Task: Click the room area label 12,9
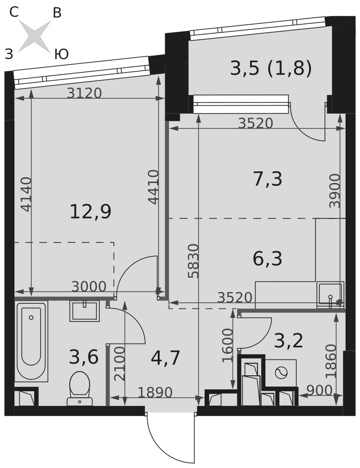point(90,212)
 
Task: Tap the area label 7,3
point(267,179)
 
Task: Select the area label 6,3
point(267,258)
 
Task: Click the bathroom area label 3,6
point(84,357)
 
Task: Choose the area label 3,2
point(289,341)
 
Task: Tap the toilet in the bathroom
point(80,388)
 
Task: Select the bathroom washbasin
point(84,311)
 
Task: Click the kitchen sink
point(330,294)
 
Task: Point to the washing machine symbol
point(280,373)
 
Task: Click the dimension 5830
point(193,261)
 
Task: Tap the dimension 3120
point(84,93)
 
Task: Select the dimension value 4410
point(153,187)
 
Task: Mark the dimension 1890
point(155,392)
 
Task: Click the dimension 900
point(319,390)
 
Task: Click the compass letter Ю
point(61,54)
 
